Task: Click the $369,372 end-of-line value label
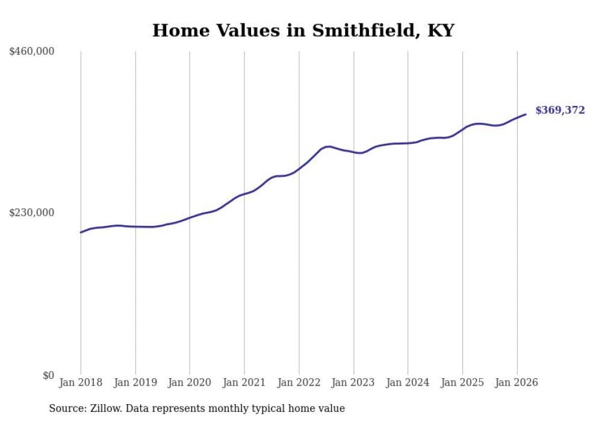tap(559, 110)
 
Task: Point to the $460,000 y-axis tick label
tap(32, 52)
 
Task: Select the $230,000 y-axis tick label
tap(32, 213)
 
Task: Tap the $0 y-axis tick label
tap(48, 375)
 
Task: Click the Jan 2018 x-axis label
tap(81, 382)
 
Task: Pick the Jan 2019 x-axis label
tap(135, 382)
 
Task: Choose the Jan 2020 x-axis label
tap(190, 382)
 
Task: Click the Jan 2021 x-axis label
tap(244, 382)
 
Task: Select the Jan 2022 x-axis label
tap(299, 382)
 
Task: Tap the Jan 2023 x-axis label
tap(353, 382)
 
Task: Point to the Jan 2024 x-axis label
tap(408, 382)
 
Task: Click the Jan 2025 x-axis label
tap(462, 382)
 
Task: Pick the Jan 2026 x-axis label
tap(517, 382)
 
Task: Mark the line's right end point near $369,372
tap(526, 114)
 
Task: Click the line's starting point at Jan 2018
tap(81, 232)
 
